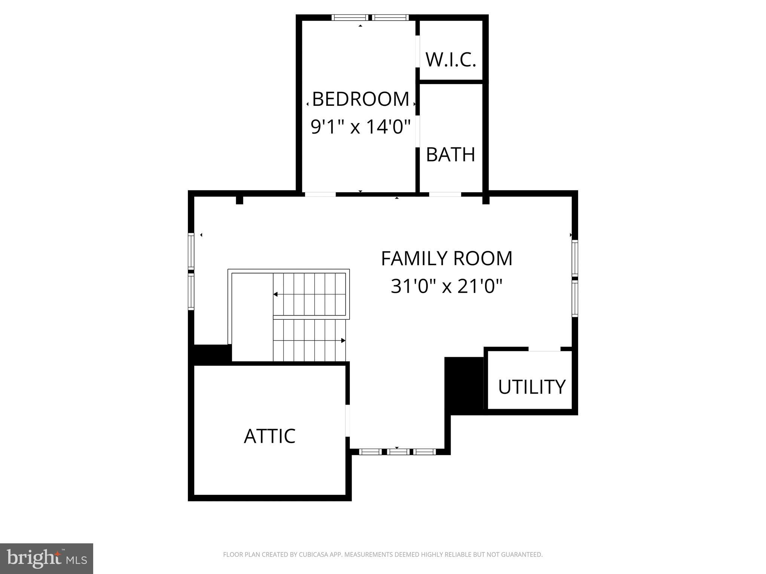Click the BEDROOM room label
click(360, 99)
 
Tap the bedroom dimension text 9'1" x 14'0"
click(361, 127)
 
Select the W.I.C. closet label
click(451, 60)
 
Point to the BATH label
click(451, 154)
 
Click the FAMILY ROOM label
click(446, 258)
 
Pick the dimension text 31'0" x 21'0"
click(446, 287)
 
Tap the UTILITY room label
click(531, 387)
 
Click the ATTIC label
click(269, 436)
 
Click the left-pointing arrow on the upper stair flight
click(275, 294)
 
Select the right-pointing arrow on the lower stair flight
click(343, 341)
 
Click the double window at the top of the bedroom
click(370, 17)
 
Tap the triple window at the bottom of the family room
click(397, 452)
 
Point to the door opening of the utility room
click(544, 349)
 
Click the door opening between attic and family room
click(347, 420)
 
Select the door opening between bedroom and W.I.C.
click(418, 52)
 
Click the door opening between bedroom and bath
click(418, 131)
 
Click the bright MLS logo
click(46, 559)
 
